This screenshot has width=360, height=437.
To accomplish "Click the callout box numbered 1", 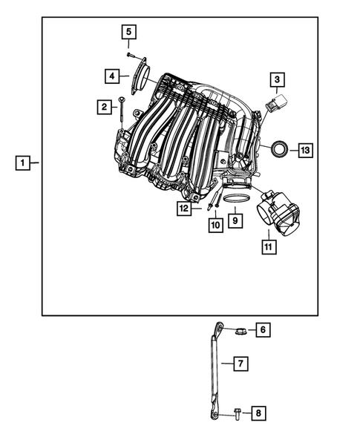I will click(x=24, y=162).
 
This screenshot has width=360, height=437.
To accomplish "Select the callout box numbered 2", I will click(x=104, y=108).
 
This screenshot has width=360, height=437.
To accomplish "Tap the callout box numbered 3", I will click(x=276, y=79).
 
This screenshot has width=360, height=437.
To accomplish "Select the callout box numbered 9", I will click(x=234, y=220).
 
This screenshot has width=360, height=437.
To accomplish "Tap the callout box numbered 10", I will click(x=215, y=224).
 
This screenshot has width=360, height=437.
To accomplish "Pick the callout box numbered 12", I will click(x=184, y=209).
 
